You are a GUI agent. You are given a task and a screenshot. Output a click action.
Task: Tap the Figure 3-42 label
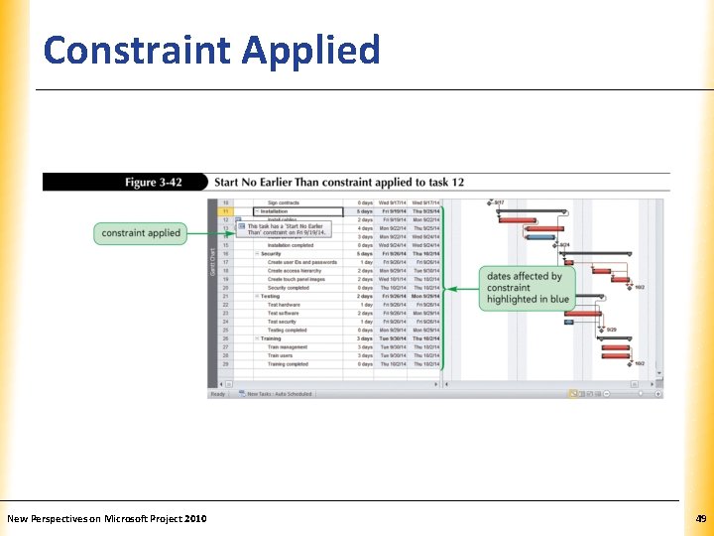155,183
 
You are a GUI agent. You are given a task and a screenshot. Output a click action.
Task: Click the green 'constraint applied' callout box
141,233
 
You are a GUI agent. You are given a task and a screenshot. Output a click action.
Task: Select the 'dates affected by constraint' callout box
528,288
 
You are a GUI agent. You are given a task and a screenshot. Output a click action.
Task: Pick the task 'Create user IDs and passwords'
301,262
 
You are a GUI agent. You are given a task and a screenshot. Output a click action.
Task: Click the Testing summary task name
270,296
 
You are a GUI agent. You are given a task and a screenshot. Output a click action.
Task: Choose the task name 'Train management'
288,347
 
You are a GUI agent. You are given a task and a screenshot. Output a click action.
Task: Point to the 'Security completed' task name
289,288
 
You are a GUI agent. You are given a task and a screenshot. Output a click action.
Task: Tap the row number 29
225,364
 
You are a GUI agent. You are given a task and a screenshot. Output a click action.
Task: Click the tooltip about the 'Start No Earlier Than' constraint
288,229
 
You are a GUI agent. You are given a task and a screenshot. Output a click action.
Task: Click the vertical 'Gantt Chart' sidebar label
212,263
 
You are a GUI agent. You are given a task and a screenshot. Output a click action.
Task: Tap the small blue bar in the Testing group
568,322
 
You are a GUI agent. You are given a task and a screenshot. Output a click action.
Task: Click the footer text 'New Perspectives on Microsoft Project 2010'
107,518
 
